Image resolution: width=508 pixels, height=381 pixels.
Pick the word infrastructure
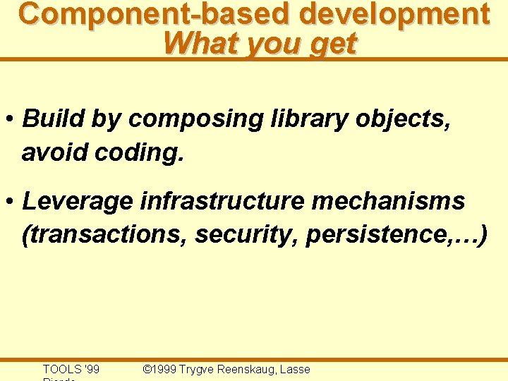[x=222, y=201]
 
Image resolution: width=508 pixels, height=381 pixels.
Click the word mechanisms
[x=388, y=201]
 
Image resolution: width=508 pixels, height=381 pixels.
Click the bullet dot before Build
[x=11, y=119]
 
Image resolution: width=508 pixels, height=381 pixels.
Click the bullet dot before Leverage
[x=11, y=202]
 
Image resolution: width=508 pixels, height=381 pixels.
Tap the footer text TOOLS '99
[x=71, y=369]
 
